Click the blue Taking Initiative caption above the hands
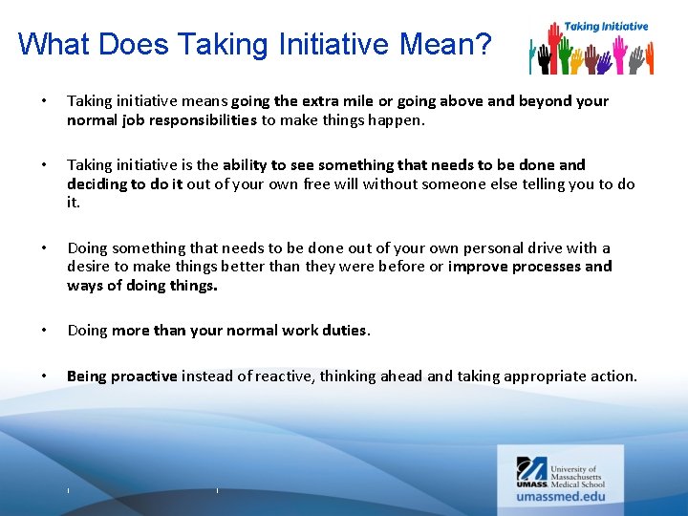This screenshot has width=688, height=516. (606, 26)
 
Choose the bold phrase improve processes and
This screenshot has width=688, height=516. (530, 267)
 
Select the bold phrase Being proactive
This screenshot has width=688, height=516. (122, 376)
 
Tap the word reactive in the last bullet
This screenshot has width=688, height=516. (283, 376)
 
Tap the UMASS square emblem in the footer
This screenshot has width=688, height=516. (531, 469)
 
